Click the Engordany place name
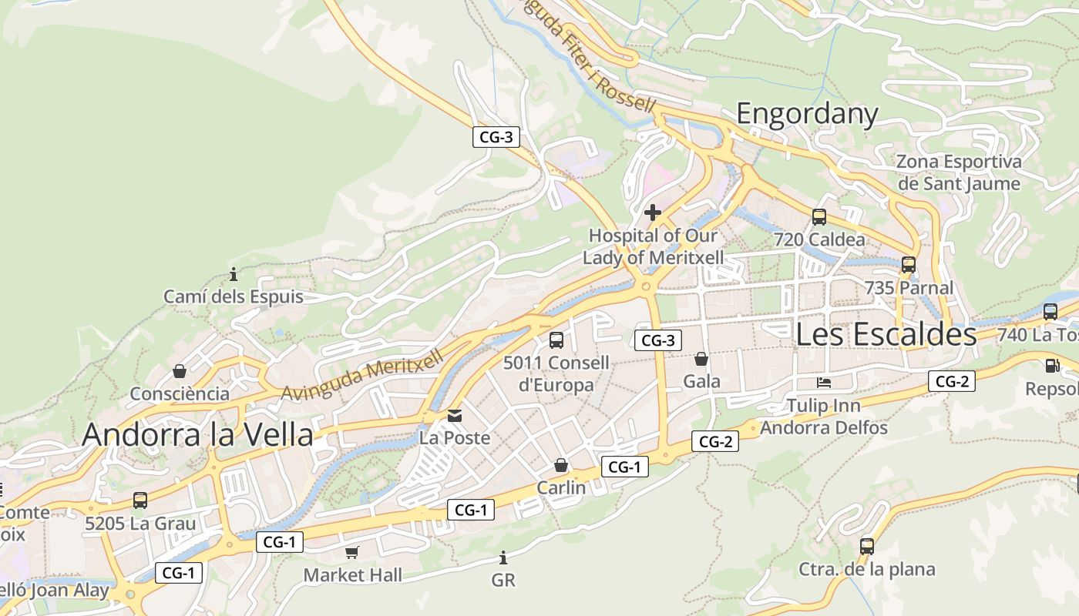[x=807, y=114]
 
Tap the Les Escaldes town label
[x=886, y=334]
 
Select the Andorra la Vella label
[x=197, y=434]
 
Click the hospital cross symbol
[x=653, y=213]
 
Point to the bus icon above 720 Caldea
[x=818, y=217]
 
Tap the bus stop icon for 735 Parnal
[x=909, y=265]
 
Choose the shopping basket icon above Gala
[x=701, y=359]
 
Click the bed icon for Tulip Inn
[x=824, y=383]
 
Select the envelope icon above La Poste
[x=455, y=416]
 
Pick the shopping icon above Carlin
[x=561, y=465]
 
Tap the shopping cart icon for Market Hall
[x=352, y=552]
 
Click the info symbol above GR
[x=503, y=557]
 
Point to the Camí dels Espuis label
[x=234, y=296]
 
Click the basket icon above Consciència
[x=180, y=371]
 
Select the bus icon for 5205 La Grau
[x=139, y=500]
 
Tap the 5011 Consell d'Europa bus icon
[x=556, y=340]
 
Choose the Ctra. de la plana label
[x=866, y=570]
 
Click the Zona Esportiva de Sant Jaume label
[x=959, y=172]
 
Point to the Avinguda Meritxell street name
[x=362, y=375]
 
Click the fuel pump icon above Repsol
[x=1052, y=367]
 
